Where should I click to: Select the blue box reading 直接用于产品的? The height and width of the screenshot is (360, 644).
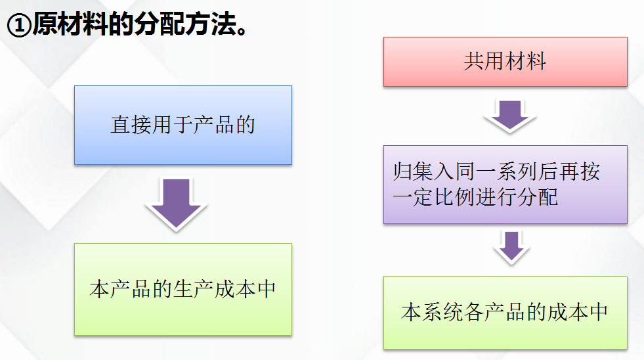183,125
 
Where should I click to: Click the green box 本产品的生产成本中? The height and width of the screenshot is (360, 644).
183,289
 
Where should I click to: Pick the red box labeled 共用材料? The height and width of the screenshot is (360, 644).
505,62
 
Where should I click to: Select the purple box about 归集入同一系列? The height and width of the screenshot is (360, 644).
505,185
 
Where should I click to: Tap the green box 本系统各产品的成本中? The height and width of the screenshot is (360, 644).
505,312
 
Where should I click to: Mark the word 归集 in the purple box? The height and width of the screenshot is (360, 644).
414,173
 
